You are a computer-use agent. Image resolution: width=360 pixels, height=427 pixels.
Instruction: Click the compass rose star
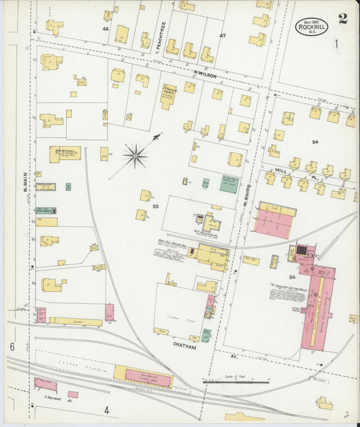[x=135, y=157]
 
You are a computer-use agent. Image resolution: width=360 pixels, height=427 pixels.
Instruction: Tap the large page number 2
[x=343, y=18]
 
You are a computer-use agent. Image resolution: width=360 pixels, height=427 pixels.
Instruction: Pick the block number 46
[x=105, y=29]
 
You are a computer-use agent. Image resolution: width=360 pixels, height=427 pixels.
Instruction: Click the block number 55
[x=155, y=205]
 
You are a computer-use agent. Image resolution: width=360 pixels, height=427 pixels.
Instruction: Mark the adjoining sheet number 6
[x=12, y=347]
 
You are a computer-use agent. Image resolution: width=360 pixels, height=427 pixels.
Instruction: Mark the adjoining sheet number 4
[x=106, y=409]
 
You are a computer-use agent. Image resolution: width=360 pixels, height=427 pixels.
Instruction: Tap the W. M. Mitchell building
[x=65, y=154]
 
